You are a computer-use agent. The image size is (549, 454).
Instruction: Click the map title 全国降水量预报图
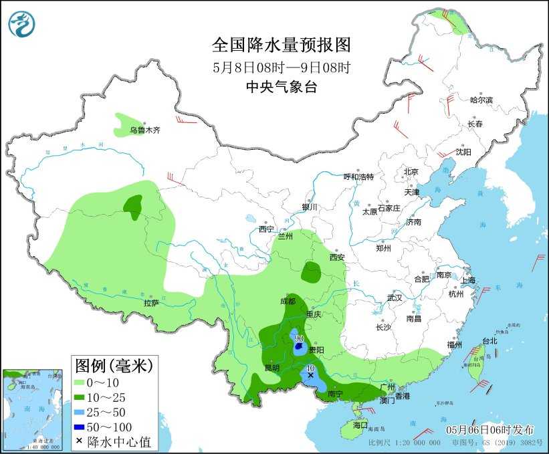pyautogui.click(x=282, y=45)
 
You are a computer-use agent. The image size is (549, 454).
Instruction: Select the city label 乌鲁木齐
pyautogui.click(x=145, y=130)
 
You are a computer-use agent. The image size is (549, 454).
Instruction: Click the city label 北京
pyautogui.click(x=411, y=172)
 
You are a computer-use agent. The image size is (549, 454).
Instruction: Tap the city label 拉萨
pyautogui.click(x=151, y=303)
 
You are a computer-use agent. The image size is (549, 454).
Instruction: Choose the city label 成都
pyautogui.click(x=288, y=302)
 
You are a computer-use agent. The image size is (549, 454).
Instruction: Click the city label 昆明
pyautogui.click(x=271, y=367)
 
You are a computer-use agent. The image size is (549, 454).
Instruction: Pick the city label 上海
pyautogui.click(x=467, y=280)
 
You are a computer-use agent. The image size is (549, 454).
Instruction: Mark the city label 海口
pyautogui.click(x=360, y=425)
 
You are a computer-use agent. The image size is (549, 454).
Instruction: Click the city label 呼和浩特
pyautogui.click(x=358, y=177)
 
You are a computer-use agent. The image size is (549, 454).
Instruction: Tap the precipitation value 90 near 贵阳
pyautogui.click(x=299, y=339)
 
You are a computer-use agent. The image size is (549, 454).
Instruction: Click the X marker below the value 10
pyautogui.click(x=310, y=376)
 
